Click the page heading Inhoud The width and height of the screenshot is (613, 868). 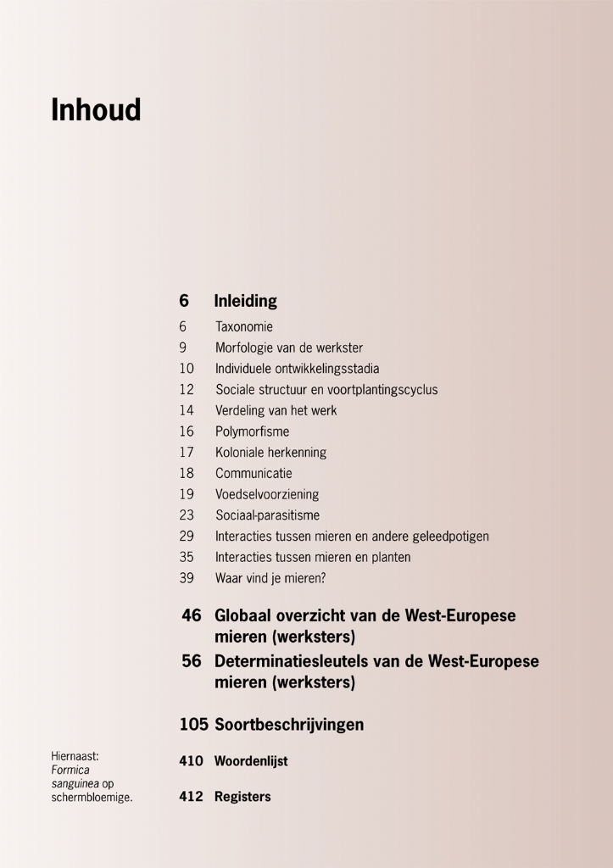pyautogui.click(x=96, y=110)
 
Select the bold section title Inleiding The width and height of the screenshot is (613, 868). pyautogui.click(x=245, y=301)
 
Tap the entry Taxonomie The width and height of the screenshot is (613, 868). pyautogui.click(x=243, y=326)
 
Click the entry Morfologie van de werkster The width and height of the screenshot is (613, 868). pyautogui.click(x=288, y=348)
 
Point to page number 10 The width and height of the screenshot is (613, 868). pyautogui.click(x=187, y=369)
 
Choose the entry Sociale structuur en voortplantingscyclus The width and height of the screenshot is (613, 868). pyautogui.click(x=326, y=390)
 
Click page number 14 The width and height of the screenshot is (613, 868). pyautogui.click(x=187, y=410)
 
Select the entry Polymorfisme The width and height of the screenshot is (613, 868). pyautogui.click(x=252, y=431)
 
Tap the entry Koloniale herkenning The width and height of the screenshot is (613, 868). pyautogui.click(x=270, y=453)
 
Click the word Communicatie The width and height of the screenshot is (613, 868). pyautogui.click(x=254, y=473)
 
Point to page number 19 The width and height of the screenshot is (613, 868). pyautogui.click(x=187, y=494)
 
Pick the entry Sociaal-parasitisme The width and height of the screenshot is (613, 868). pyautogui.click(x=267, y=515)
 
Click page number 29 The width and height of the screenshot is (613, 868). pyautogui.click(x=187, y=537)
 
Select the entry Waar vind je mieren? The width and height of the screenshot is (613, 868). pyautogui.click(x=270, y=578)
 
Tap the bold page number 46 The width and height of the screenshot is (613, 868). pyautogui.click(x=191, y=615)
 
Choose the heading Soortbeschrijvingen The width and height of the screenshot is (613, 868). pyautogui.click(x=289, y=725)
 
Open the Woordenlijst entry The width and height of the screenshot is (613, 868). pyautogui.click(x=251, y=761)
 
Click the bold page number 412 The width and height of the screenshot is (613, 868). pyautogui.click(x=191, y=797)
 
